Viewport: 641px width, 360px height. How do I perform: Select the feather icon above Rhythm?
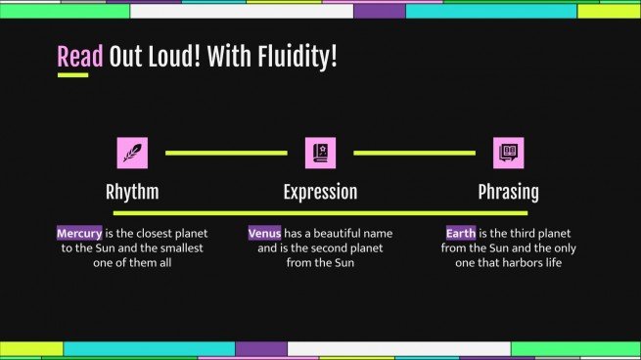click(132, 153)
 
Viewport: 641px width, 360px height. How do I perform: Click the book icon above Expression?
click(320, 153)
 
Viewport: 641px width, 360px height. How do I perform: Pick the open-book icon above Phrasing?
click(508, 153)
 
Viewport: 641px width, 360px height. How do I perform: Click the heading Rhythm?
click(132, 192)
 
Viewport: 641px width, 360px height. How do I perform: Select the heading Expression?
click(320, 192)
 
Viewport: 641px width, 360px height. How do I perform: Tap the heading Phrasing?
click(508, 192)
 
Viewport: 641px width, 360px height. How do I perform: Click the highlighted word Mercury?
click(79, 234)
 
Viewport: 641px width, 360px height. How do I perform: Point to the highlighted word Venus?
click(264, 234)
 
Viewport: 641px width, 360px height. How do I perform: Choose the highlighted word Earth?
click(460, 234)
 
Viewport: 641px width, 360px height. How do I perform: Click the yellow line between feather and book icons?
click(226, 153)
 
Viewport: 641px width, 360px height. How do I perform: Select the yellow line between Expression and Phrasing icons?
click(414, 153)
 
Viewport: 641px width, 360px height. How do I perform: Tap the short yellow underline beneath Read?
click(72, 75)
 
